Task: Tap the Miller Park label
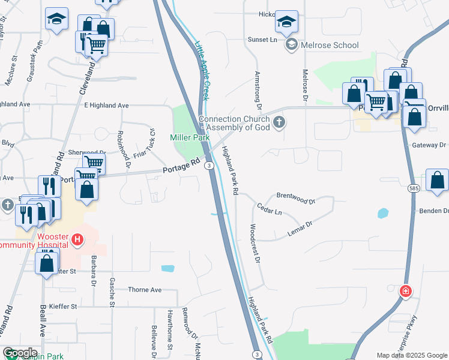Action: click(190, 137)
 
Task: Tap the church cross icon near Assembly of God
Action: click(279, 123)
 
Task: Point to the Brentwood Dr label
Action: click(295, 196)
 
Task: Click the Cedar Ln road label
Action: click(270, 208)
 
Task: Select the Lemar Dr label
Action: click(301, 228)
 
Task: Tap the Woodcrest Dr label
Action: click(255, 243)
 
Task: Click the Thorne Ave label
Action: click(145, 290)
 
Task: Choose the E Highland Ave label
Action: click(106, 105)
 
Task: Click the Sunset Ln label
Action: click(262, 40)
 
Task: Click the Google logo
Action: click(20, 353)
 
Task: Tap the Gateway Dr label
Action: click(429, 145)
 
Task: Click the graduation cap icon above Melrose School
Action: click(287, 22)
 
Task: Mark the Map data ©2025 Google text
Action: click(411, 355)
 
